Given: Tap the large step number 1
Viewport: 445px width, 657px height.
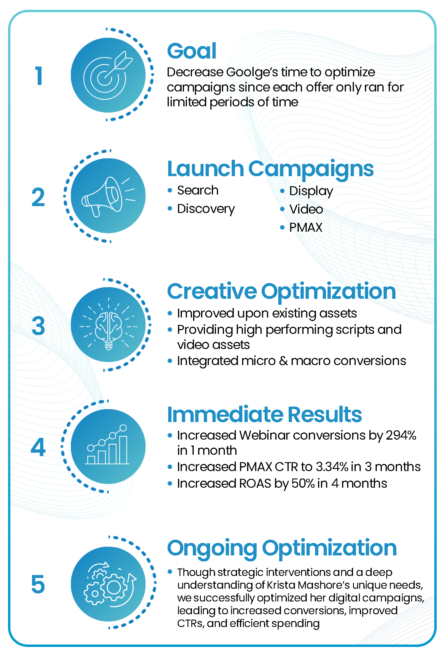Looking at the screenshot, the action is [x=39, y=75].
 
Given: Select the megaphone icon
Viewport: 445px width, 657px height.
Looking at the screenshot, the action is [x=108, y=196].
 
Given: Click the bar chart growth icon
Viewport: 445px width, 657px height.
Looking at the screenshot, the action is [x=107, y=445].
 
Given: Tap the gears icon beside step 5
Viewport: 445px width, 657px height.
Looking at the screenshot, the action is [x=110, y=584].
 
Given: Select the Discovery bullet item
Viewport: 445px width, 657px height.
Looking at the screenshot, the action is [x=206, y=209].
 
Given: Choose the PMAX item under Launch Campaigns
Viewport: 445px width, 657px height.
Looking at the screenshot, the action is [x=306, y=228].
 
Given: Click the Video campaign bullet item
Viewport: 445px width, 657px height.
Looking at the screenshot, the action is [x=306, y=209].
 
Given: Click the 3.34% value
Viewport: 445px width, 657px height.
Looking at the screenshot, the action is [x=332, y=467].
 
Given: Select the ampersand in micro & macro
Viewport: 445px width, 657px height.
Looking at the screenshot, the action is [x=283, y=361].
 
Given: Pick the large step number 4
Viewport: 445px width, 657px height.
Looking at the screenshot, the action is [x=38, y=447].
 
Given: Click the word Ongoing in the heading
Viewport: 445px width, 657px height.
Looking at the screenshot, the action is [x=212, y=548].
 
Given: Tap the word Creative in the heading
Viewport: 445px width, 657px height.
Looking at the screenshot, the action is [x=212, y=291].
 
